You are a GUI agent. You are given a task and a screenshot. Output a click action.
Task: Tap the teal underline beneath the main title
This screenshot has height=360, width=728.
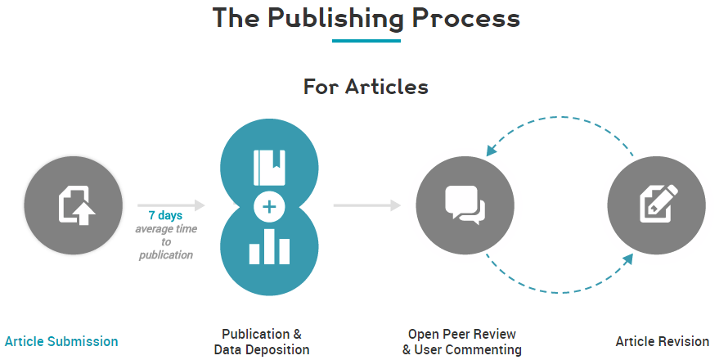[x=366, y=41]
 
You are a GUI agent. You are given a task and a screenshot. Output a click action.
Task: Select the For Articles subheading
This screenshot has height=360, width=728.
[x=366, y=86]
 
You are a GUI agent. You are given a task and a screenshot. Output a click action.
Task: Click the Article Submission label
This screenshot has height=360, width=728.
[x=61, y=341]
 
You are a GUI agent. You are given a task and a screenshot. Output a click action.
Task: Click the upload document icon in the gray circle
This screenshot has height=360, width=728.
[x=75, y=205]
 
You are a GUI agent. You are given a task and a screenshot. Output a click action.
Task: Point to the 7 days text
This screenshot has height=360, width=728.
[x=165, y=215]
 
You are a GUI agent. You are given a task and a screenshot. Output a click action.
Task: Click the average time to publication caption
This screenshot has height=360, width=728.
[x=165, y=241]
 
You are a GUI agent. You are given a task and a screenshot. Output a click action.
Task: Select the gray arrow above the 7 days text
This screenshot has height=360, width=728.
[x=171, y=205]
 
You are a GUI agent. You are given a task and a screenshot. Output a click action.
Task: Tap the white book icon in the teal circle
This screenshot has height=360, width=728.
[x=268, y=167]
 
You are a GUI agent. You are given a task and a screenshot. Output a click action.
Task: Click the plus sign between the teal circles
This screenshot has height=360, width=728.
[x=268, y=207]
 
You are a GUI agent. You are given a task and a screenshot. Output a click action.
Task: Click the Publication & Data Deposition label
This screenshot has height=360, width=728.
[x=262, y=342]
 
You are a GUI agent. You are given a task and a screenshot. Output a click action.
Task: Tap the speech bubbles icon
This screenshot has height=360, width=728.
[x=465, y=205]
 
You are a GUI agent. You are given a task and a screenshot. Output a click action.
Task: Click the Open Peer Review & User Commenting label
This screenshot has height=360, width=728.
[x=462, y=342]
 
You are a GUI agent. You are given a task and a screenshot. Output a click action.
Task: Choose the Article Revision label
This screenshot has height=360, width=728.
[x=663, y=341]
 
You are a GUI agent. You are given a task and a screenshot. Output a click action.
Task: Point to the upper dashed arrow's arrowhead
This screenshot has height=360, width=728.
[x=492, y=150]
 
